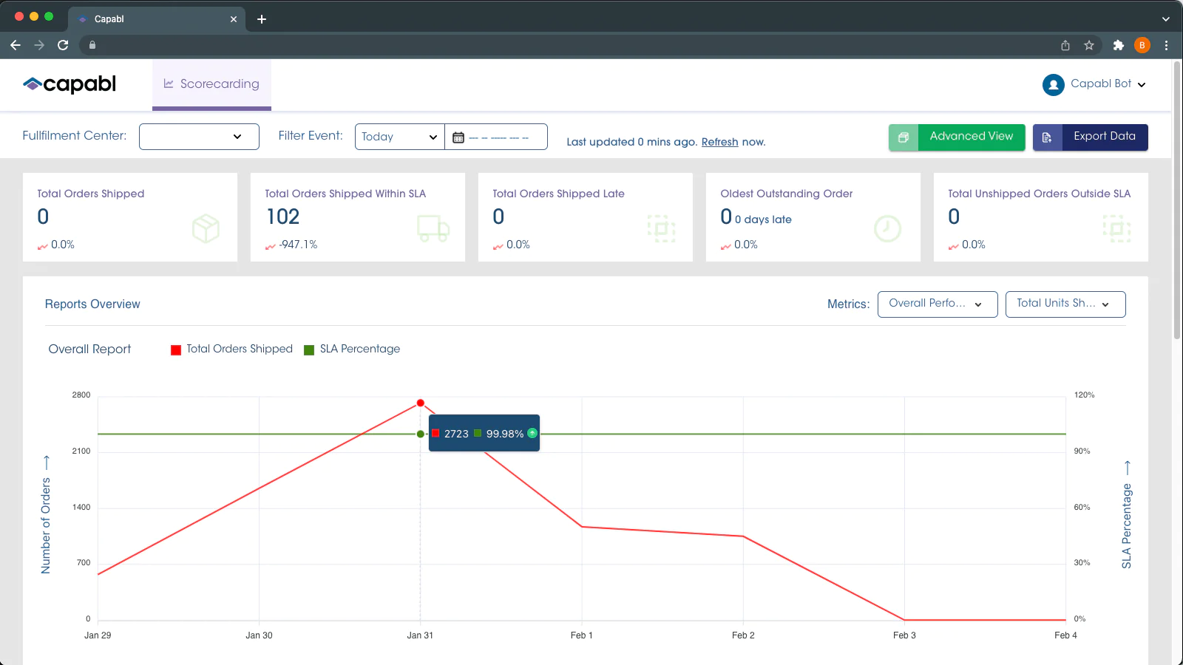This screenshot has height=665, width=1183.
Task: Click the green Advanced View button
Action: click(957, 137)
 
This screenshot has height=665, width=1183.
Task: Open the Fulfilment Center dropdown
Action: click(199, 137)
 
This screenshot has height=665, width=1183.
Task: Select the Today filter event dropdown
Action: click(399, 137)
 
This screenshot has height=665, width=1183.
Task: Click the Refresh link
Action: click(719, 142)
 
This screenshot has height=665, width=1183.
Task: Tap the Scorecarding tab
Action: click(211, 84)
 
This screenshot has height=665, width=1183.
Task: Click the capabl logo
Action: click(70, 84)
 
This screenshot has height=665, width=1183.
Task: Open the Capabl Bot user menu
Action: click(1094, 84)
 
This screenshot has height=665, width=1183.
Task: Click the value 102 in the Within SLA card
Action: click(282, 216)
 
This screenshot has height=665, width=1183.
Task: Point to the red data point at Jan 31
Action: click(420, 403)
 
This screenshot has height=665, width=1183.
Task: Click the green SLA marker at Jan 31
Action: click(420, 434)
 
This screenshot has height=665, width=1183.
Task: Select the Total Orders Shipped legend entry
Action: click(232, 349)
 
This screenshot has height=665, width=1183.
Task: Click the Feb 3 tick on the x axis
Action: click(904, 635)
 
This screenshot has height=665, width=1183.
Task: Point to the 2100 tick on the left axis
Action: click(81, 451)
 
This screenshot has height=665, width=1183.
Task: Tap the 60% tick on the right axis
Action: click(1082, 507)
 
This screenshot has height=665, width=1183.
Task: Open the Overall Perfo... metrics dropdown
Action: click(937, 304)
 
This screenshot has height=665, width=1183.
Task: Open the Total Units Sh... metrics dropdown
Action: click(1065, 304)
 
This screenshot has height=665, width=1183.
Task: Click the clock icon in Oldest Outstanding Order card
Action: click(887, 228)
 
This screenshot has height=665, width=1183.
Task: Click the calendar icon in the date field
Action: click(458, 137)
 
